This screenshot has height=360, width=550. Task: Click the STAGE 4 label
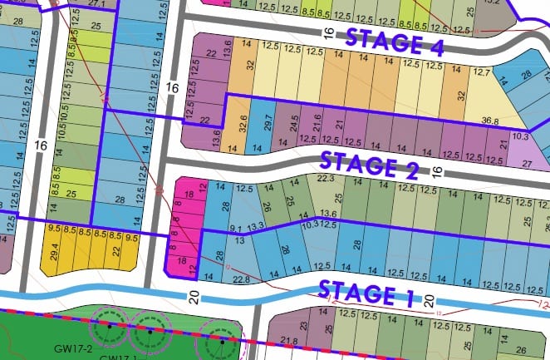click(395, 42)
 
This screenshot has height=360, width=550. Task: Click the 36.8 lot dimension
click(489, 121)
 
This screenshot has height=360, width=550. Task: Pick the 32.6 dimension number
click(243, 124)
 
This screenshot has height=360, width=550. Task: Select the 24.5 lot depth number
click(294, 124)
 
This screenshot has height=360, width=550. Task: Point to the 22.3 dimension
click(326, 178)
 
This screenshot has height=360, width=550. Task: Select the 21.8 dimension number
click(289, 341)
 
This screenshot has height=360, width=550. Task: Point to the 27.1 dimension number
click(96, 4)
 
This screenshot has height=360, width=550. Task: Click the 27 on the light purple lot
click(526, 163)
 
